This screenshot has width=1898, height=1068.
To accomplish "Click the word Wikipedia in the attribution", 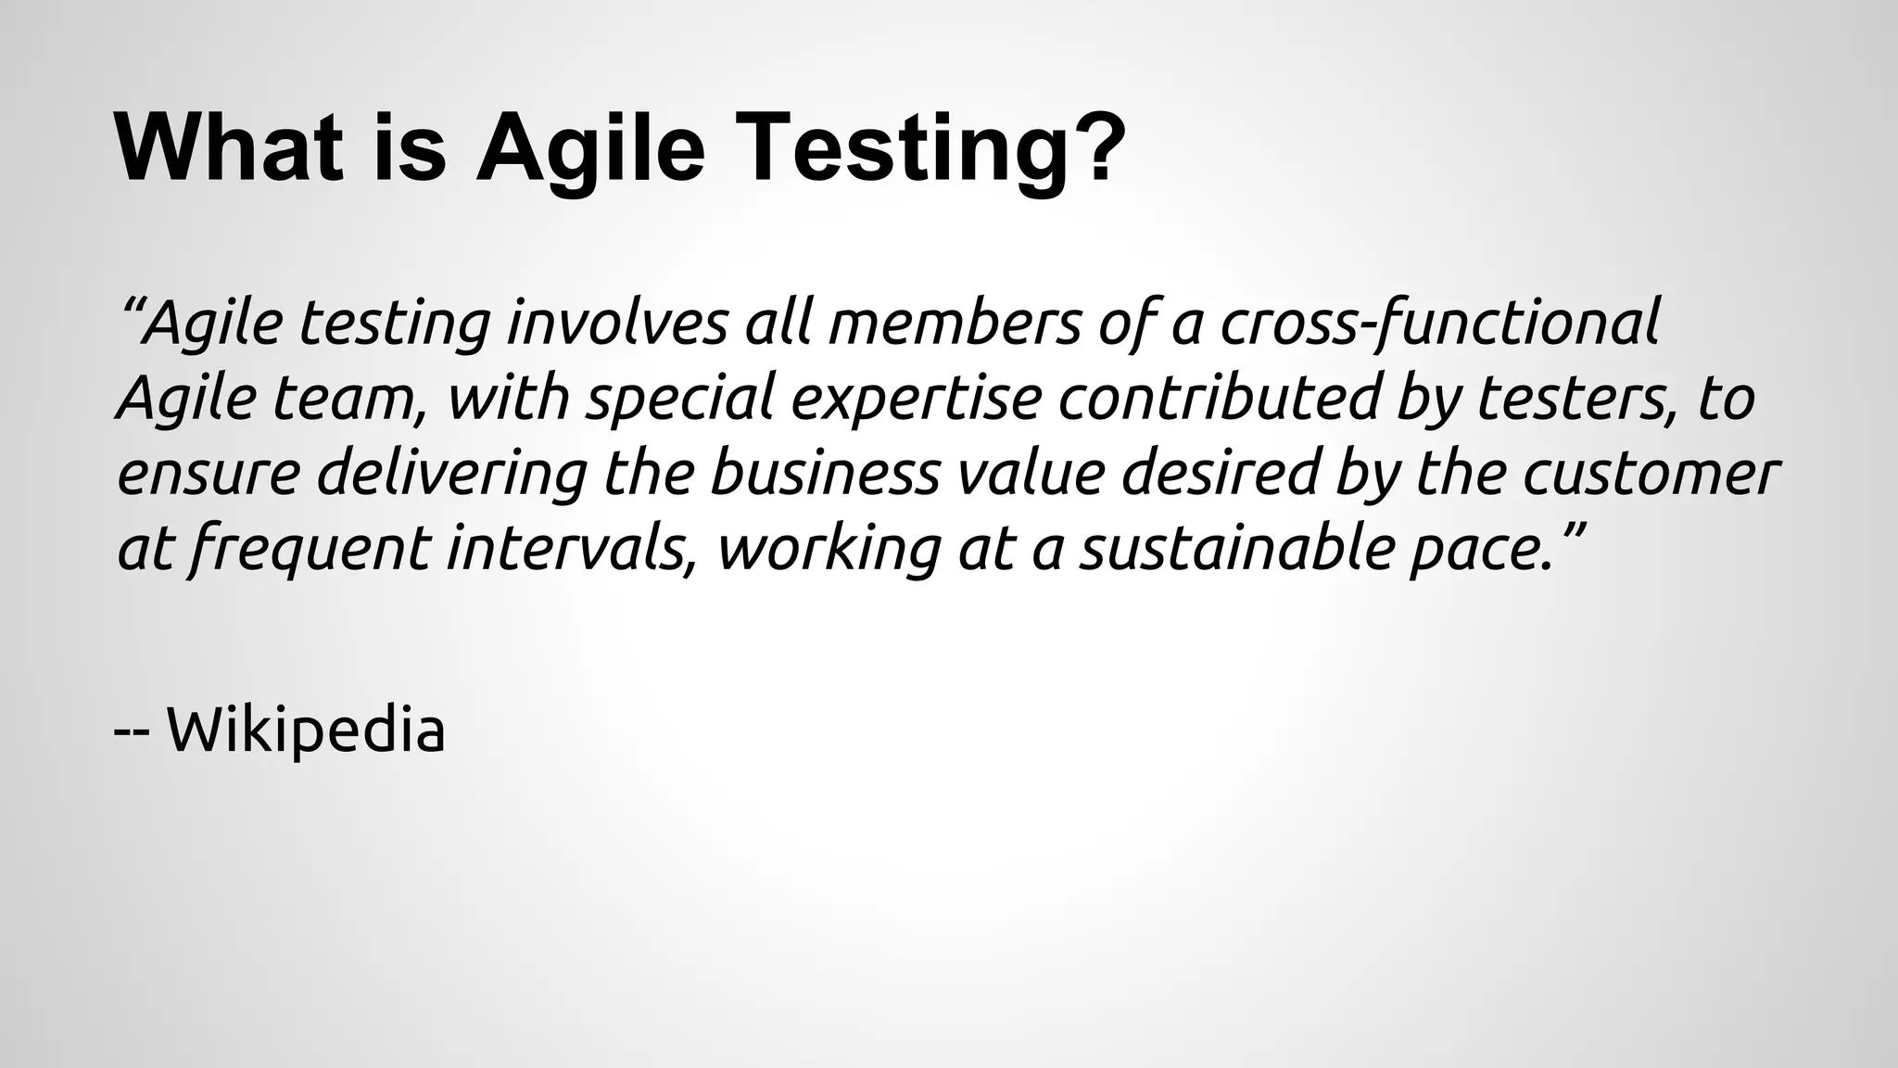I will (306, 731).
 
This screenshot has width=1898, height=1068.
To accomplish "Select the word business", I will (825, 473).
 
